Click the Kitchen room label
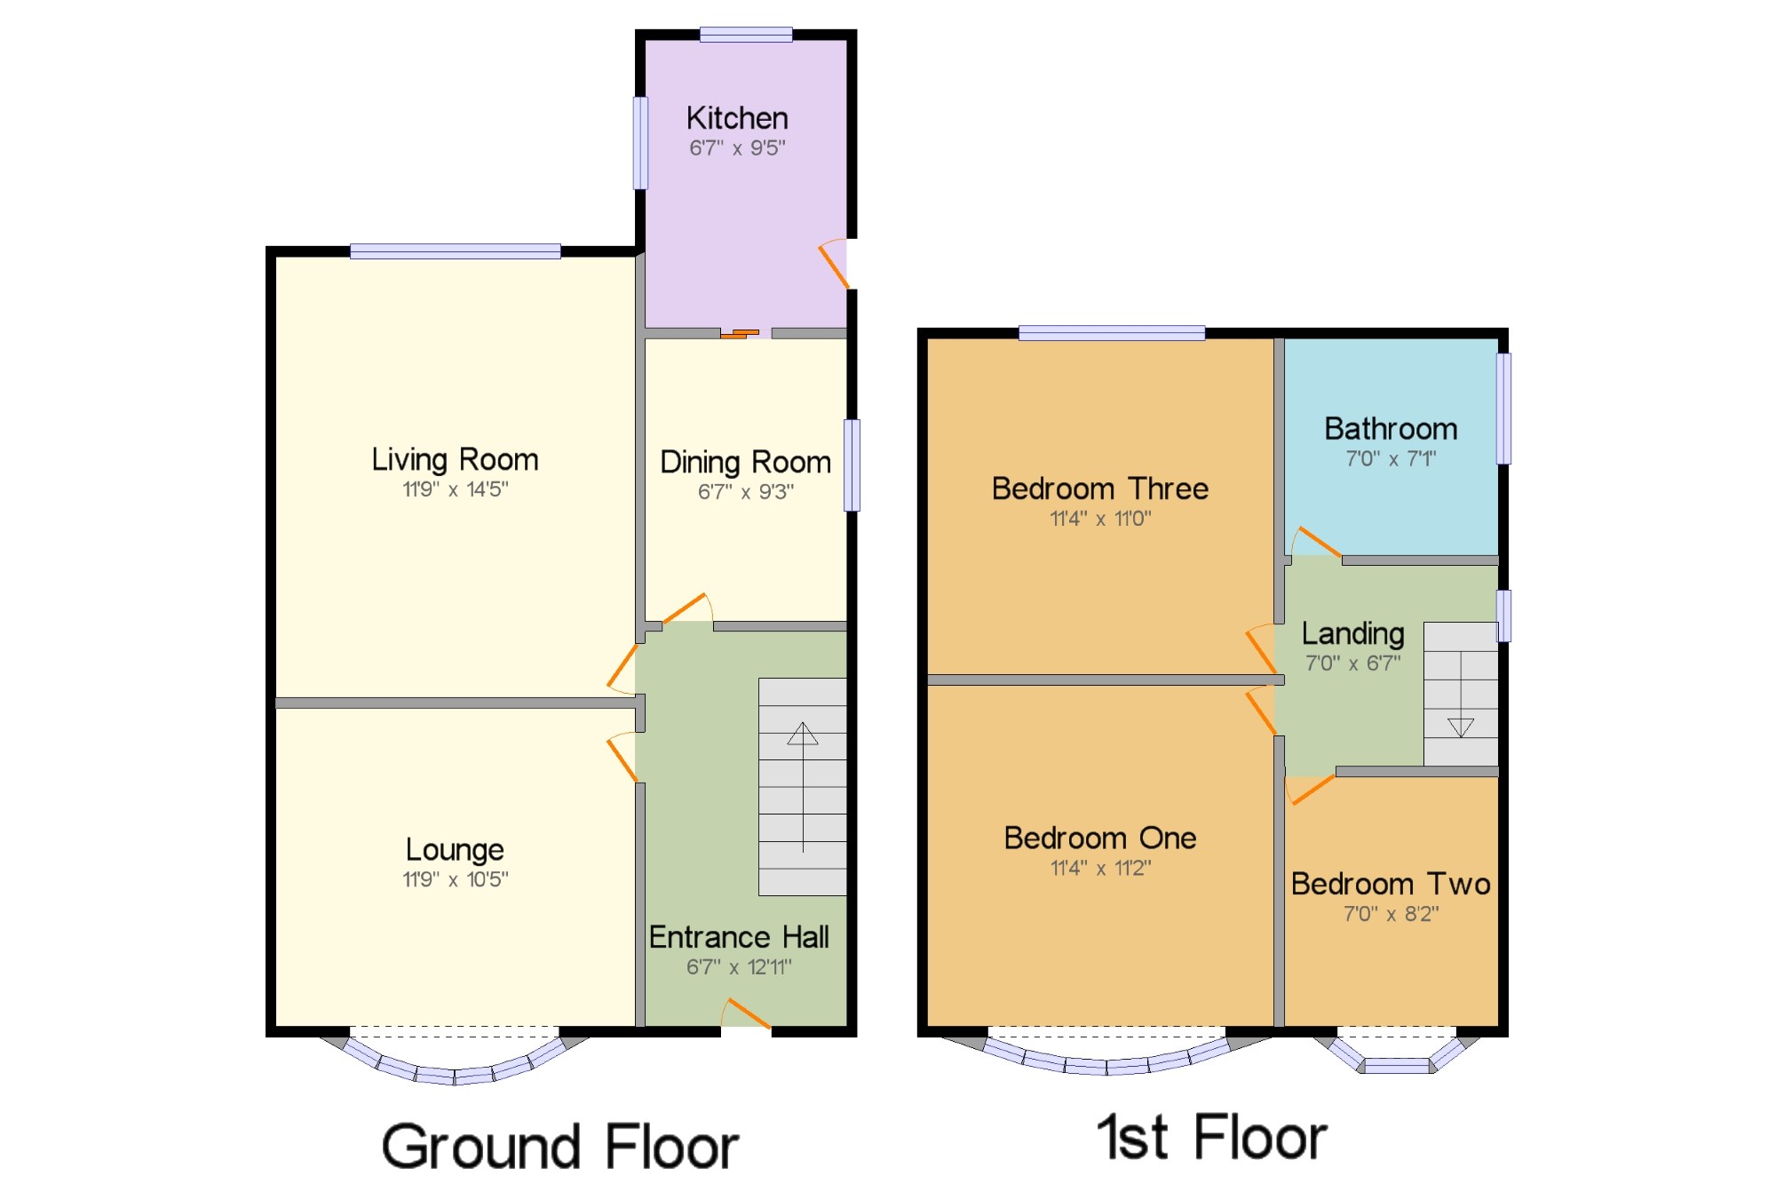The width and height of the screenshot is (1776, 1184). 736,118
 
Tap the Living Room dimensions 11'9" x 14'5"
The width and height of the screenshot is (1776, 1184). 455,489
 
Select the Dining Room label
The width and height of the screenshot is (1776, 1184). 745,462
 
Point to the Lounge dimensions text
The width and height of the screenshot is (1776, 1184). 455,879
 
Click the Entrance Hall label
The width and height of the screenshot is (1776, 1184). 739,937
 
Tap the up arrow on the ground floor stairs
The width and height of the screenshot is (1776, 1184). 803,734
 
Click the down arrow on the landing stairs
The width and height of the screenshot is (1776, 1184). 1460,727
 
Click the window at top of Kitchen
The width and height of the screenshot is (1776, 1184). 746,35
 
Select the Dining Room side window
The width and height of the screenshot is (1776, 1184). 852,465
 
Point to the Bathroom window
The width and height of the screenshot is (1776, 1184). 1503,409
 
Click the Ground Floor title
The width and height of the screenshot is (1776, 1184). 559,1146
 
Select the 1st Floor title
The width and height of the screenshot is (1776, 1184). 1211,1137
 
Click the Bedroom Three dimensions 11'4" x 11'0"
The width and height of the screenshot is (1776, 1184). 1100,519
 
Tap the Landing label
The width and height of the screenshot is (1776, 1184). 1352,633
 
